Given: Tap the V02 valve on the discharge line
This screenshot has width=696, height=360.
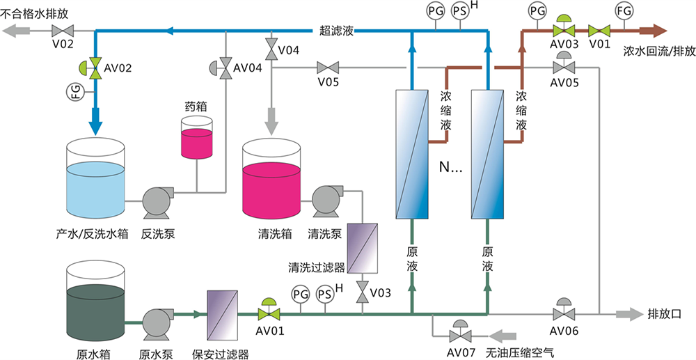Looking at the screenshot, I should pos(65,31).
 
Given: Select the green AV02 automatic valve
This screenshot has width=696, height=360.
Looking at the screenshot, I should pos(95,68).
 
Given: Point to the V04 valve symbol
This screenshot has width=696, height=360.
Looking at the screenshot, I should pos(270,51).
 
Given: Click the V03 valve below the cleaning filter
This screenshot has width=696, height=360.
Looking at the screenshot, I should pos(363,292).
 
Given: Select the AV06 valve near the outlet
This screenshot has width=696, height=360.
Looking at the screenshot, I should pos(563,313).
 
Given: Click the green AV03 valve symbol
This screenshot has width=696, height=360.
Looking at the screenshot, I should pos(563,30).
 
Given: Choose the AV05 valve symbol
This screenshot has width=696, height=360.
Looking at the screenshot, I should pos(563,67).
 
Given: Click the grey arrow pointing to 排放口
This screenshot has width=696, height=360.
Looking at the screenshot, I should pos(627,314).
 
